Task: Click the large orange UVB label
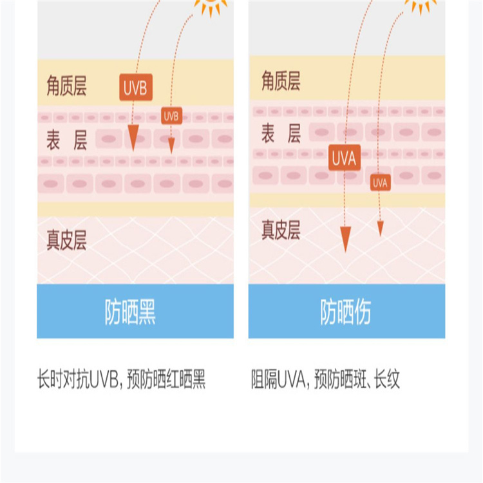[136, 88]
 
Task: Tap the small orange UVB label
[171, 116]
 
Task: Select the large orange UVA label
[345, 158]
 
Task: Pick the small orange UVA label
[381, 183]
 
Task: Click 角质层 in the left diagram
[66, 86]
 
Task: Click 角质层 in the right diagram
[281, 82]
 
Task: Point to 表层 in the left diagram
[66, 140]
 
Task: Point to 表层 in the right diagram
[281, 134]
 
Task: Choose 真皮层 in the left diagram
[66, 240]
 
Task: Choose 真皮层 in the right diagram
[281, 230]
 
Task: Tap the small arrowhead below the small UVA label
[381, 228]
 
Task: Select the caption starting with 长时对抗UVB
[122, 380]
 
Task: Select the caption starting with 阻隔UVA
[326, 380]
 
